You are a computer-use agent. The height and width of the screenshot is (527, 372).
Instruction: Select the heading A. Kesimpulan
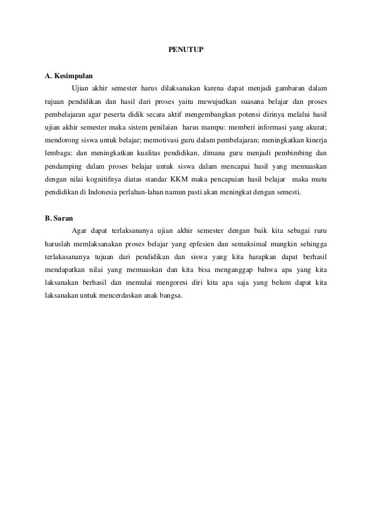[x=68, y=76]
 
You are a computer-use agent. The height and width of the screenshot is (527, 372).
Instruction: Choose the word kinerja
[x=314, y=140]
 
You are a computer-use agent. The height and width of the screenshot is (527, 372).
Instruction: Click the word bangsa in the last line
[x=169, y=294]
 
